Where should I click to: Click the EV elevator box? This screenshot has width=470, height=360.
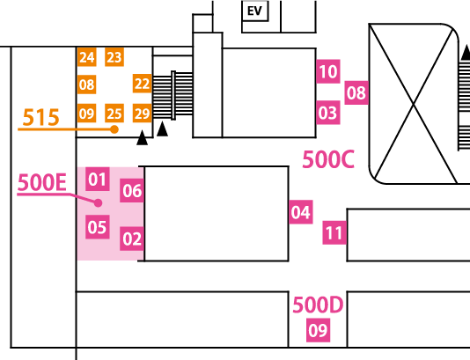tap(254, 11)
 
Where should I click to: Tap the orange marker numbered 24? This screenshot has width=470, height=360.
tap(86, 56)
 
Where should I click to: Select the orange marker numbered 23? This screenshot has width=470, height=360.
tap(114, 56)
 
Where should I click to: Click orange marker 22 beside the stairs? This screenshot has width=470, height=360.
tap(142, 84)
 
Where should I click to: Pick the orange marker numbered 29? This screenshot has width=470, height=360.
tap(142, 113)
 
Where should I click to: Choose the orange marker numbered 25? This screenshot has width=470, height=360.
tap(114, 113)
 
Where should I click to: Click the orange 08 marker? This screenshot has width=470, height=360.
tap(86, 84)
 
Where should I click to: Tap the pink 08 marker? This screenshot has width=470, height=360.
tap(356, 92)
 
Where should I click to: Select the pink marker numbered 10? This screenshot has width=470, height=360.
tap(328, 71)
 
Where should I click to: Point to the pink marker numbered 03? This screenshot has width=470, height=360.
tap(328, 113)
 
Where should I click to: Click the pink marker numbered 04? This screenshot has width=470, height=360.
tap(301, 212)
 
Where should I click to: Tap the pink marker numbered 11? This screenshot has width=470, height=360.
tap(334, 232)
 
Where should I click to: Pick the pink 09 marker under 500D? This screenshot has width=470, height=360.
tap(318, 330)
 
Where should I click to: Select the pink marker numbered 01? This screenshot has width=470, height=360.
tap(98, 179)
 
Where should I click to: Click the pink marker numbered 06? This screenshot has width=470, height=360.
tap(132, 190)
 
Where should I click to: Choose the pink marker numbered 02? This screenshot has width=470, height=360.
tap(132, 239)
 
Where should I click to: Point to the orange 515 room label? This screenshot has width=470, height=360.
tap(40, 117)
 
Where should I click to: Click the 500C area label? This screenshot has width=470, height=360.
tap(328, 159)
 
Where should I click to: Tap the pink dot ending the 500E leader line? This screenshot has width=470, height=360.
tap(98, 203)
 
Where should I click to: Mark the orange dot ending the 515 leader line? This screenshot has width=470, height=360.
tap(114, 129)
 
